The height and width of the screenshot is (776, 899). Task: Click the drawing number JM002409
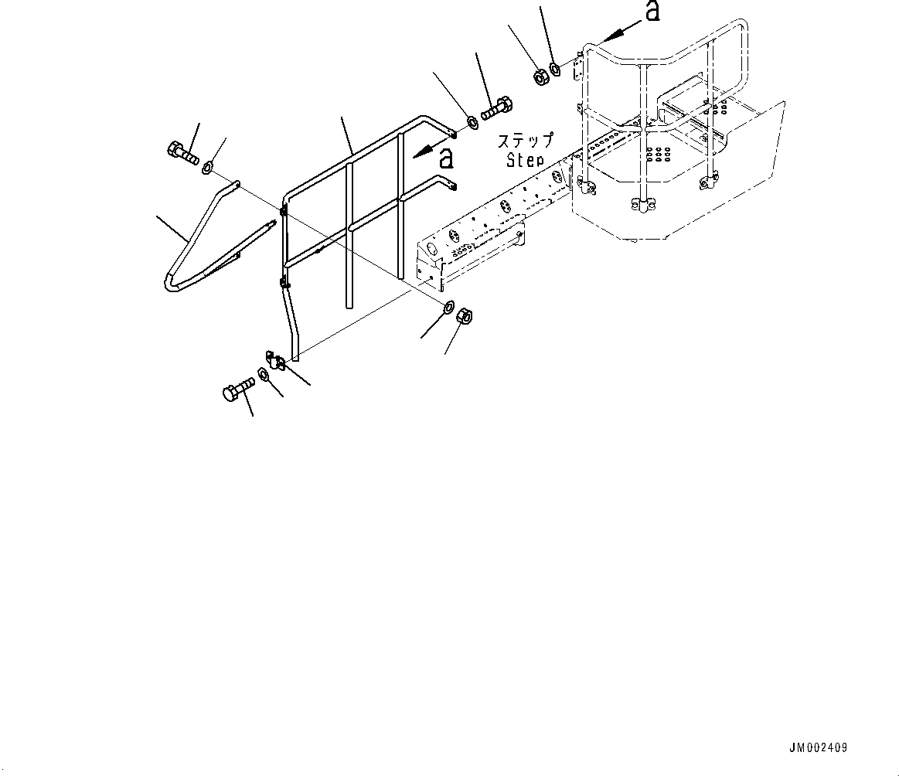tap(818, 747)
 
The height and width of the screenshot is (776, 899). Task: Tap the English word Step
tap(526, 160)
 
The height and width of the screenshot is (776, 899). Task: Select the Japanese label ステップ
tap(526, 141)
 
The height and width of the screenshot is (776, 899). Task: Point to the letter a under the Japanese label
tap(445, 159)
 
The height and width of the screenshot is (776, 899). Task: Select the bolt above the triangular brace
tap(182, 151)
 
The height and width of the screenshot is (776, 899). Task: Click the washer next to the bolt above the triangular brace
tap(208, 167)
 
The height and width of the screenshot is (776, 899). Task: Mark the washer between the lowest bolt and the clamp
tap(264, 376)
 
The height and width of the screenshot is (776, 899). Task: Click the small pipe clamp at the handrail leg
tap(276, 360)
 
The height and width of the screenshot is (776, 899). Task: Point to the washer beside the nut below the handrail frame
tap(448, 308)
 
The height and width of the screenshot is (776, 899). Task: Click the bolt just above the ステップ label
tap(496, 107)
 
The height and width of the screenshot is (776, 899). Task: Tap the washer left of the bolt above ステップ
tap(471, 122)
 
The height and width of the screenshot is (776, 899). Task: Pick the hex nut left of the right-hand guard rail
tap(541, 76)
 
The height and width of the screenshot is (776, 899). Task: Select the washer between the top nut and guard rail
tap(556, 70)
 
